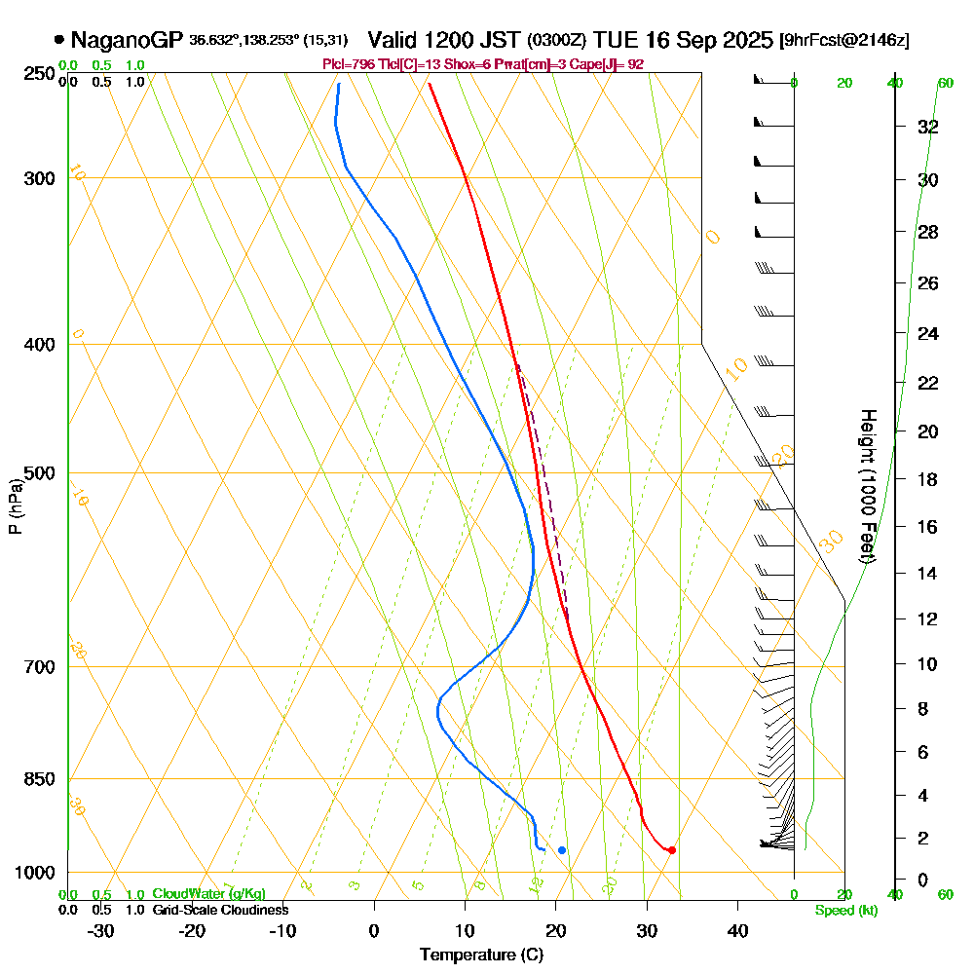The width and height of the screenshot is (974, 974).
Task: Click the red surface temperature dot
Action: [x=672, y=850]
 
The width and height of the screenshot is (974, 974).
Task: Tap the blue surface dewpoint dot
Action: [x=562, y=850]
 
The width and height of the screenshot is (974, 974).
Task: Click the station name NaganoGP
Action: [x=127, y=40]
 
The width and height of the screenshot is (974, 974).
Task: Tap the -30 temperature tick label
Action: [x=101, y=931]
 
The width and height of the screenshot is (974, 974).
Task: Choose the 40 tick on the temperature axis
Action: [x=737, y=931]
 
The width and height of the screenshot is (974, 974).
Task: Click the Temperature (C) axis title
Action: [x=481, y=955]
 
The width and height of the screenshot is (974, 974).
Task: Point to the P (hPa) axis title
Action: [x=15, y=506]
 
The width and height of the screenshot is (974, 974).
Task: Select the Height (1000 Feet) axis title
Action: [x=865, y=485]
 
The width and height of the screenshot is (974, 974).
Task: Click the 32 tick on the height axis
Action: [x=927, y=127]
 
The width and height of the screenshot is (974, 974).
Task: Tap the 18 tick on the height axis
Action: [x=927, y=479]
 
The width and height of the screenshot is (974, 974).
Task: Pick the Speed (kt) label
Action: [x=844, y=910]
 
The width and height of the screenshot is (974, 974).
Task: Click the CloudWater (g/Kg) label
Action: [x=208, y=894]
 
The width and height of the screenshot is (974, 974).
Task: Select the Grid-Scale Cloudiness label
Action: [x=219, y=910]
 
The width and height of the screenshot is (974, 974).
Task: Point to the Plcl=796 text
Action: [x=348, y=64]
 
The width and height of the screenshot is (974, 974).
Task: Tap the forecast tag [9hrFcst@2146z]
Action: [x=844, y=41]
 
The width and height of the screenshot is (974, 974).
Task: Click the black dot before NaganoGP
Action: [x=59, y=40]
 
